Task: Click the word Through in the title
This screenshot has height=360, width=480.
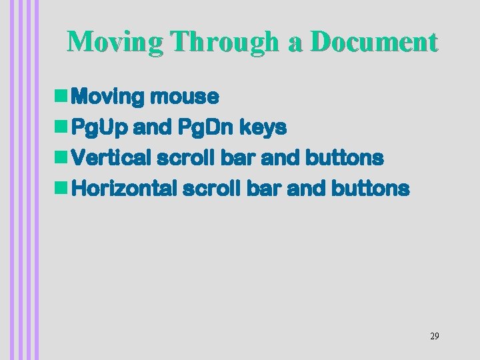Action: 225,42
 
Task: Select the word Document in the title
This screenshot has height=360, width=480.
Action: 374,42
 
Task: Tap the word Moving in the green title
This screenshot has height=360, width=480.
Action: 115,42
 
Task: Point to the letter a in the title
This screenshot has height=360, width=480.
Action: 295,43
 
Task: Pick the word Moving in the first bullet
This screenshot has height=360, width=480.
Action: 108,97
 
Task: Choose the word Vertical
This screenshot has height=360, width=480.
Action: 111,158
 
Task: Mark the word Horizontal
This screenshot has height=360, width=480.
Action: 123,189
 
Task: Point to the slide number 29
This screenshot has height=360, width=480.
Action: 434,336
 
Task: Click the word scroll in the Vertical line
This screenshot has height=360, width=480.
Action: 181,158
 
